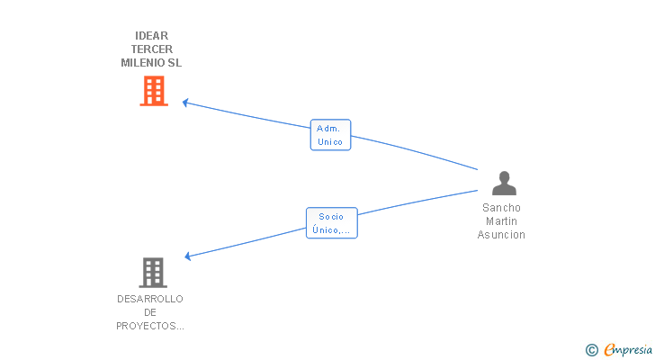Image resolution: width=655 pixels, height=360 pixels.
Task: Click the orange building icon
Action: tap(154, 91)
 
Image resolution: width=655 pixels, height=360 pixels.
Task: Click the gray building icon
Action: tap(153, 272)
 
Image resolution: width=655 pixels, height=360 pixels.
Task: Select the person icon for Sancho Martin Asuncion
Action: tap(504, 183)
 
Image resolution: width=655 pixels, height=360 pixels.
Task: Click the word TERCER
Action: tap(151, 49)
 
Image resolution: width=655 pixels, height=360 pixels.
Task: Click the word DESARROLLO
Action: tap(150, 299)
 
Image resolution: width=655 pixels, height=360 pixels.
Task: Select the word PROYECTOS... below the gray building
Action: tap(150, 326)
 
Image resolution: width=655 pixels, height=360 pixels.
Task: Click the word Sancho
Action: tap(501, 207)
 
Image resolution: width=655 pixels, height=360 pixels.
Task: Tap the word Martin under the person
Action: tap(501, 221)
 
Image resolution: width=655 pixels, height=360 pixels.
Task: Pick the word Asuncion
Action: tap(501, 235)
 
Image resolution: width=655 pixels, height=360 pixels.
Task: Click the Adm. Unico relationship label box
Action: tap(330, 135)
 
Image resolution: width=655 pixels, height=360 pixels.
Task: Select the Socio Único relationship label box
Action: tap(331, 223)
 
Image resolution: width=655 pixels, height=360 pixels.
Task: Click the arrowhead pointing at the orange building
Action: tap(184, 102)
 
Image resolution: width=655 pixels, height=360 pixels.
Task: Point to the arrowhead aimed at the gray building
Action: tap(187, 256)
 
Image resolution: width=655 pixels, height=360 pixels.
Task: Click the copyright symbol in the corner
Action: tap(591, 349)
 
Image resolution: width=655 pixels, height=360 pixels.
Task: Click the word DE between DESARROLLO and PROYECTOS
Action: tap(150, 312)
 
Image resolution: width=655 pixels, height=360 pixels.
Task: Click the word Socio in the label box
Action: tap(331, 217)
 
